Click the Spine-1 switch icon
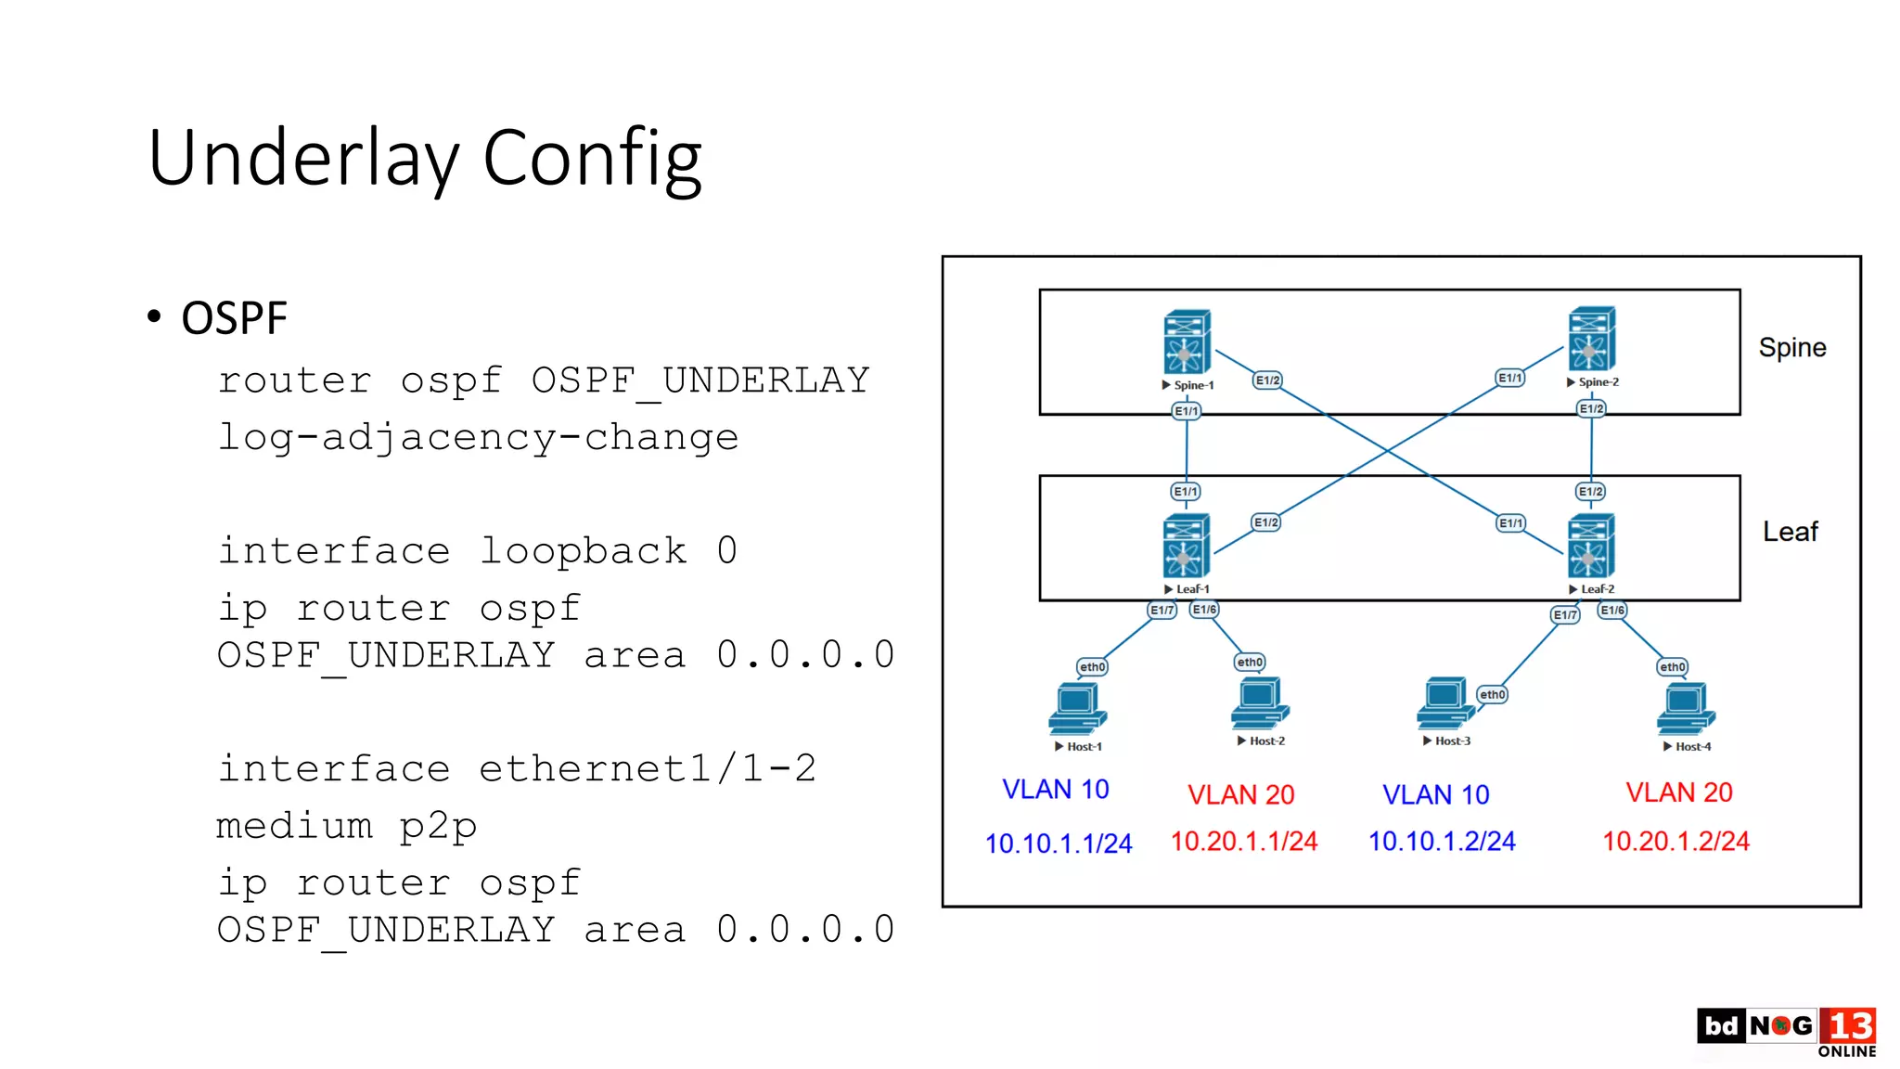pos(1187,341)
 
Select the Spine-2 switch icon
pos(1591,340)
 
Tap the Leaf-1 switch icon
pos(1186,546)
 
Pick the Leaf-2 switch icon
pos(1590,546)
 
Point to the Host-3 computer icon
pos(1444,703)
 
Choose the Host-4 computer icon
pos(1686,710)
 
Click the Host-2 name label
pos(1266,741)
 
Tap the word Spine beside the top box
pos(1791,348)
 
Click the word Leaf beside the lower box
pos(1790,532)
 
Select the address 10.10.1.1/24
pos(1058,844)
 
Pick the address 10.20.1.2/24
pos(1675,841)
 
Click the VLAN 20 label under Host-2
pos(1240,794)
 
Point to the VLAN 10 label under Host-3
pos(1435,794)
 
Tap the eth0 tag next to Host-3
pos(1492,694)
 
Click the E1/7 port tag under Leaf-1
pos(1162,610)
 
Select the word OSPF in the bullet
pos(234,318)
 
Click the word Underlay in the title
pos(302,158)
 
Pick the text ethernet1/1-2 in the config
pos(647,768)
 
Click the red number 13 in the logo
pos(1849,1026)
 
